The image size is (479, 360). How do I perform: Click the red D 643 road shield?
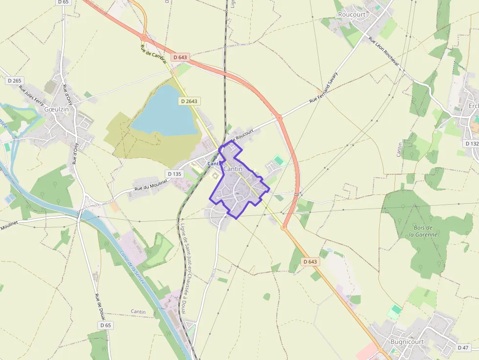click(x=180, y=57)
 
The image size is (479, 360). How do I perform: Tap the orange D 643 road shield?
click(x=310, y=262)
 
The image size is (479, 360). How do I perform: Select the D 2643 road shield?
click(x=189, y=101)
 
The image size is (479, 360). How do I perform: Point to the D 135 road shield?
click(x=174, y=173)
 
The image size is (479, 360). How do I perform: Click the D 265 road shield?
click(x=15, y=81)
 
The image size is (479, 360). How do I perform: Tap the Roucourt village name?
click(x=352, y=15)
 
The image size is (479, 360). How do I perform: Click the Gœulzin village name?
click(x=57, y=109)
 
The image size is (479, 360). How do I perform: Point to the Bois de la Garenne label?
click(x=423, y=231)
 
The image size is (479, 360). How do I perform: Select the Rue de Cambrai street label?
click(x=154, y=57)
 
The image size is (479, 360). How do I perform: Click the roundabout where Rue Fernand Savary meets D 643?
click(x=279, y=117)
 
